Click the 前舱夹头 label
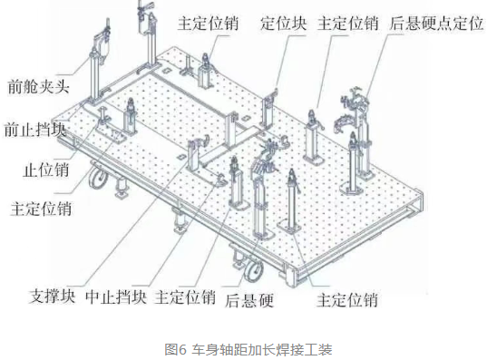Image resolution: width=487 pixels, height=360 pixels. click(x=38, y=86)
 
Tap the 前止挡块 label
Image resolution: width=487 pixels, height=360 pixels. click(x=35, y=129)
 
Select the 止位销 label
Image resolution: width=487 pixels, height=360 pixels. click(x=46, y=170)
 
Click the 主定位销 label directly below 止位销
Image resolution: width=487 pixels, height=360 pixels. click(x=41, y=209)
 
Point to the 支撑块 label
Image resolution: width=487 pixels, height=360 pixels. click(x=53, y=296)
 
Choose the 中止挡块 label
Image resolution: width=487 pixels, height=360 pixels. click(x=116, y=297)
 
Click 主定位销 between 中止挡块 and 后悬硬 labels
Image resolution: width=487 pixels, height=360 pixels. click(x=185, y=297)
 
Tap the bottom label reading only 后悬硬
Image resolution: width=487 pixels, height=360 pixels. click(x=249, y=300)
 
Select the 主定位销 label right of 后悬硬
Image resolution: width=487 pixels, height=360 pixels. click(x=347, y=300)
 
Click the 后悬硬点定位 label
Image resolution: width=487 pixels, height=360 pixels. click(x=436, y=24)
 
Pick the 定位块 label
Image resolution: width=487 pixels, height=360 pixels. click(x=284, y=24)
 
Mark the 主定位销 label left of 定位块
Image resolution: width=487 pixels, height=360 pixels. click(x=208, y=24)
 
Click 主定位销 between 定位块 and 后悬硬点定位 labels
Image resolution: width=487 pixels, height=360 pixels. click(x=348, y=24)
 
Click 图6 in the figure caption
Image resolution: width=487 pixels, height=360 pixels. click(x=175, y=349)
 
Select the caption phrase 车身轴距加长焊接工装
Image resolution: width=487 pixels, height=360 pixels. click(x=262, y=349)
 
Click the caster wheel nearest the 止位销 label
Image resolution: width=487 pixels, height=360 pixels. click(x=98, y=178)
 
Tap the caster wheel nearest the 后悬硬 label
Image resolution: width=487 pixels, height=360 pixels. click(x=253, y=271)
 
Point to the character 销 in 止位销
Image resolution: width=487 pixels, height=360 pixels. click(x=62, y=170)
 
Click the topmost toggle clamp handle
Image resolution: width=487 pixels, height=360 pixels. click(x=147, y=5)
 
